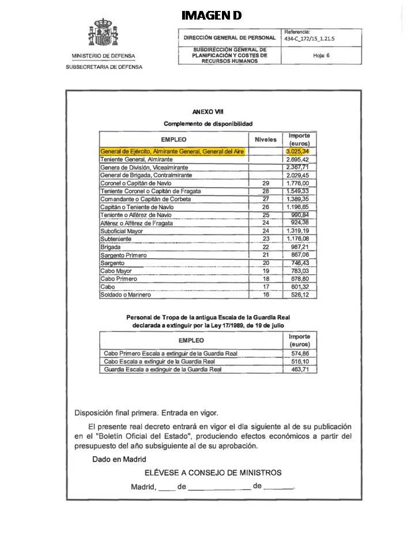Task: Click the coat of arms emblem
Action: point(103,32)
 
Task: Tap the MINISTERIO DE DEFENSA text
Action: point(104,56)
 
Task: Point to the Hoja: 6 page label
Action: point(320,55)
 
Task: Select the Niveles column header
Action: point(265,139)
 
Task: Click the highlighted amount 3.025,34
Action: point(299,151)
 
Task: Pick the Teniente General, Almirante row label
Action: point(137,159)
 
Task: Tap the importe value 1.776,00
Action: point(299,183)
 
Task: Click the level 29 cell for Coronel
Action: point(266,183)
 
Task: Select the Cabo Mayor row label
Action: point(116,271)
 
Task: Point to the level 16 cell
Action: point(266,294)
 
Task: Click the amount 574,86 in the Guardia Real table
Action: point(299,353)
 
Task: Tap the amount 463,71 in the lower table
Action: point(299,369)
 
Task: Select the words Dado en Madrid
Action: point(119,459)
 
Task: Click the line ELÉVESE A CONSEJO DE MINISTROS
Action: point(213,473)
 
